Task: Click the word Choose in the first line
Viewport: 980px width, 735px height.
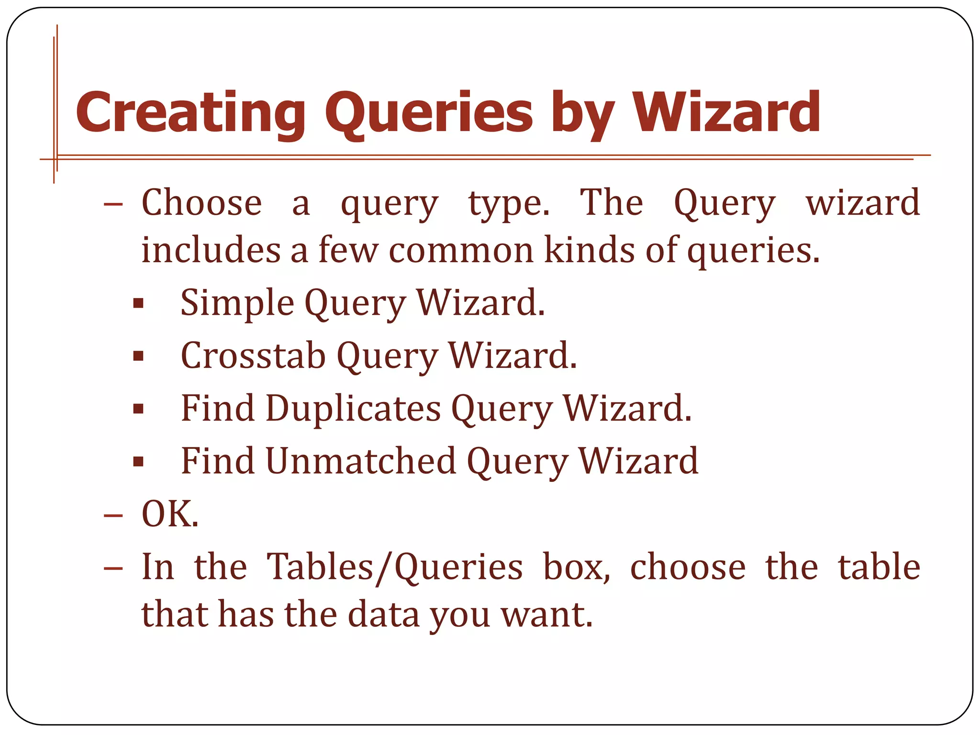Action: pyautogui.click(x=201, y=203)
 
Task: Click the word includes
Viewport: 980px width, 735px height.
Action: pyautogui.click(x=211, y=250)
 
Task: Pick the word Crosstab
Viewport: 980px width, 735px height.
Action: pyautogui.click(x=253, y=356)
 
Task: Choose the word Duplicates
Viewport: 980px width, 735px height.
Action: pyautogui.click(x=353, y=408)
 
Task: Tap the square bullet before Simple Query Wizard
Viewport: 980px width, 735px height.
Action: pyautogui.click(x=138, y=303)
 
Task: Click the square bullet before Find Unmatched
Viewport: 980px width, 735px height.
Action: pyautogui.click(x=138, y=461)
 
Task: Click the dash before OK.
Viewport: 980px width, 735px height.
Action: pyautogui.click(x=113, y=516)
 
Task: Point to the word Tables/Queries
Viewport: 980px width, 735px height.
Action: pyautogui.click(x=394, y=568)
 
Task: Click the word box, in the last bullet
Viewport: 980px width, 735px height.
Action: pyautogui.click(x=576, y=567)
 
